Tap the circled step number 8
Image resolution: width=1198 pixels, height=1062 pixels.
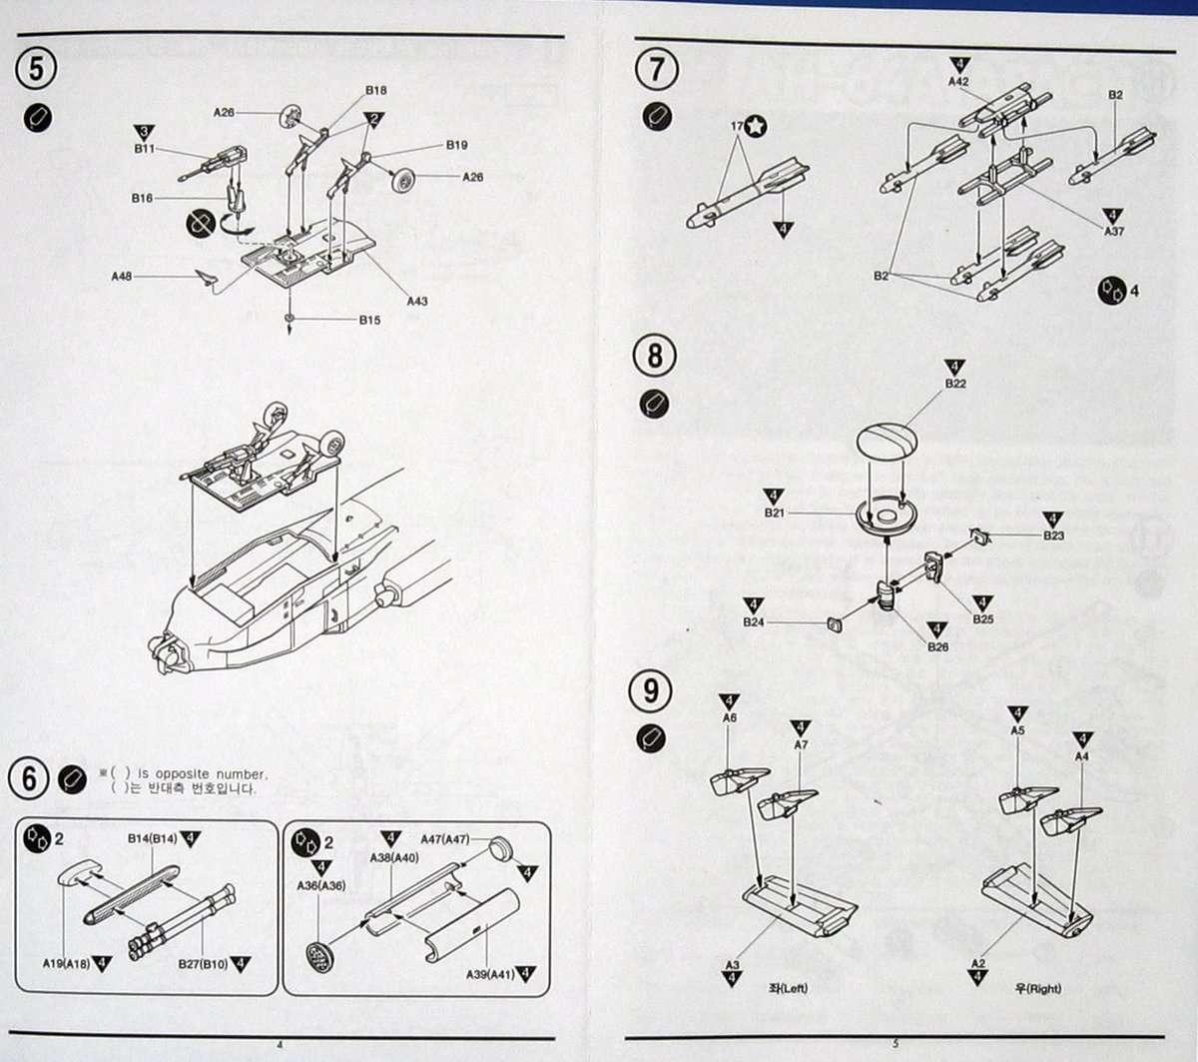pyautogui.click(x=654, y=356)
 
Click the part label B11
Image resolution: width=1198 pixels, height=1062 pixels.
pyautogui.click(x=144, y=148)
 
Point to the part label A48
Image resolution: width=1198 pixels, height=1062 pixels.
pyautogui.click(x=122, y=275)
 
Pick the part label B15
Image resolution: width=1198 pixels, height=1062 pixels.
pyautogui.click(x=370, y=321)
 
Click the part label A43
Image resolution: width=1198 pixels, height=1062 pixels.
pyautogui.click(x=416, y=300)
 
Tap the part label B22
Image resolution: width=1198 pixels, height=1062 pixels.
pyautogui.click(x=955, y=383)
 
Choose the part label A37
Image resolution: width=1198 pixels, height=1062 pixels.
pyautogui.click(x=1114, y=231)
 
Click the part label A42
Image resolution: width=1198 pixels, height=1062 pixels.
pyautogui.click(x=958, y=82)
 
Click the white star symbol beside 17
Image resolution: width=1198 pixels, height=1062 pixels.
pyautogui.click(x=757, y=126)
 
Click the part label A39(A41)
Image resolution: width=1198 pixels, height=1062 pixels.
pyautogui.click(x=490, y=974)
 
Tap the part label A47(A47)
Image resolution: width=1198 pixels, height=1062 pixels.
pyautogui.click(x=445, y=840)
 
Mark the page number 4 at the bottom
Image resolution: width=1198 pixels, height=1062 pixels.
pyautogui.click(x=280, y=1045)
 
